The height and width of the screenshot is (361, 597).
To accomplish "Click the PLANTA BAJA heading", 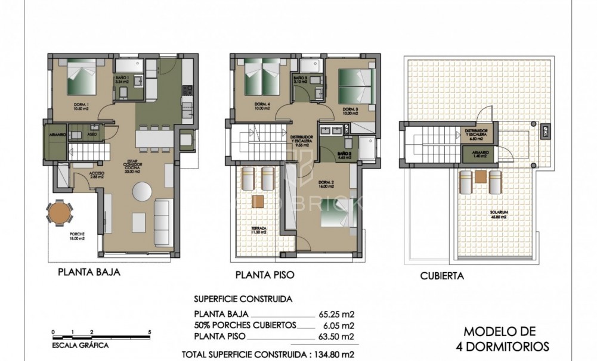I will tap(89, 273).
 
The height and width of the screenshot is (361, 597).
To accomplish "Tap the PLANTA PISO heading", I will tap(264, 275).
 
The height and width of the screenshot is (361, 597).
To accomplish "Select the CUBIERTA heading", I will tap(442, 276).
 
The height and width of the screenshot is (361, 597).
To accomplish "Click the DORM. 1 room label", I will tap(80, 107).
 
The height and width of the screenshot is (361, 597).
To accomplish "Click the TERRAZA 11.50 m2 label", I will tap(259, 230).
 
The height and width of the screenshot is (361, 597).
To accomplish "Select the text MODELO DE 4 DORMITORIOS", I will tap(500, 338).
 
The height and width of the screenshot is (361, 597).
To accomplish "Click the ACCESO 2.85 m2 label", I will tap(97, 175).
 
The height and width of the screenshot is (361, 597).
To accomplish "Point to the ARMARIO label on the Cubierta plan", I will tap(481, 153).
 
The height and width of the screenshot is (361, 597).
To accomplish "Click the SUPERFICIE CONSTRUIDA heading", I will tap(243, 300).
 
